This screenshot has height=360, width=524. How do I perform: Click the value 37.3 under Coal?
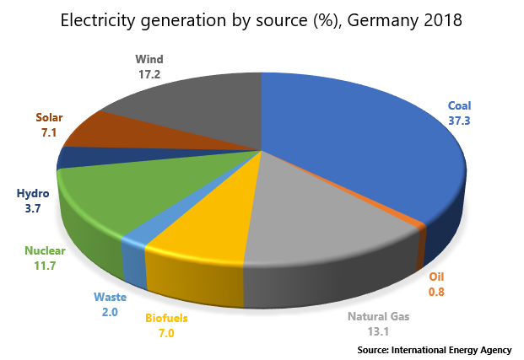pos(459,121)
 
